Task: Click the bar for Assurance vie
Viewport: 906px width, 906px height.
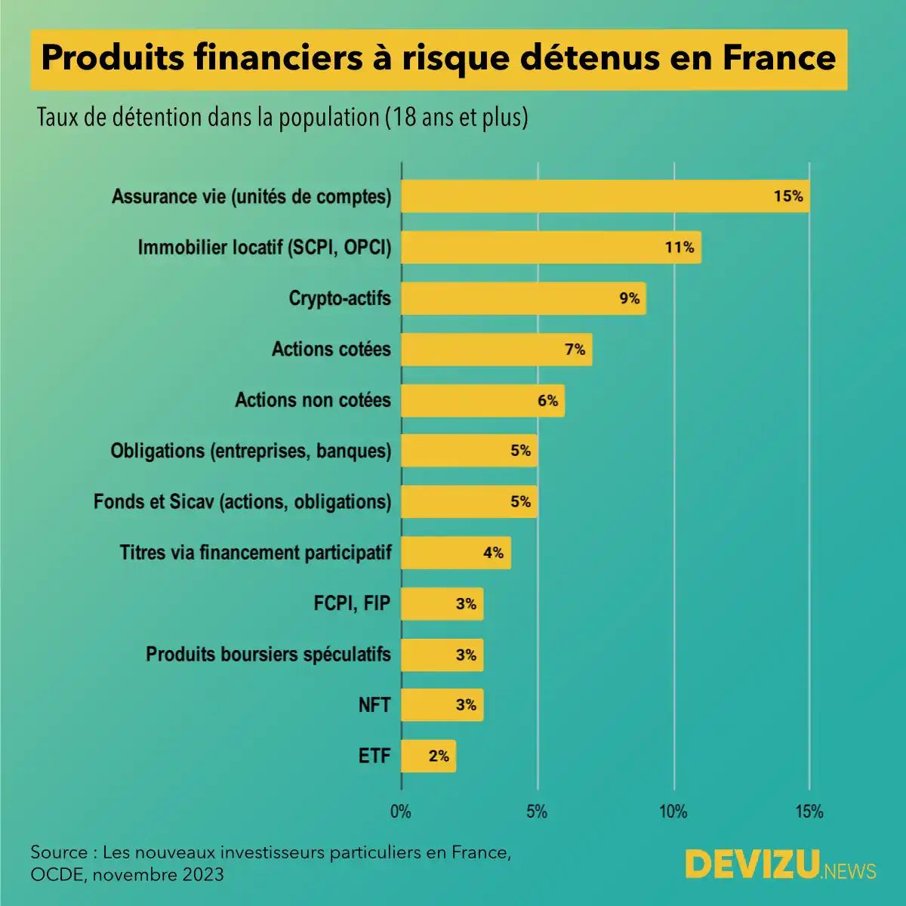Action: pyautogui.click(x=604, y=196)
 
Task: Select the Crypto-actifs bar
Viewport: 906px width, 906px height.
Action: pyautogui.click(x=522, y=298)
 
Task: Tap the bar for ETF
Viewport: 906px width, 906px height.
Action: pyautogui.click(x=427, y=756)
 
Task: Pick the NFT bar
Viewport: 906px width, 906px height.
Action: pyautogui.click(x=441, y=705)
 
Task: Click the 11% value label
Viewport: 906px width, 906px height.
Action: pyautogui.click(x=679, y=248)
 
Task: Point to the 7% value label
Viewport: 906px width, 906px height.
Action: pyautogui.click(x=575, y=350)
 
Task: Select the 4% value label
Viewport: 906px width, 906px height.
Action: pyautogui.click(x=494, y=553)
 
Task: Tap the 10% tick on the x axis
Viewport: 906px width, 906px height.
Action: pyautogui.click(x=673, y=812)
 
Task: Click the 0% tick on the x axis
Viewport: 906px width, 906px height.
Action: pyautogui.click(x=401, y=812)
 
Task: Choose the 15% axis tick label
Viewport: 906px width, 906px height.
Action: pyautogui.click(x=809, y=812)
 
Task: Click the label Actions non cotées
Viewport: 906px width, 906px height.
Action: pyautogui.click(x=313, y=400)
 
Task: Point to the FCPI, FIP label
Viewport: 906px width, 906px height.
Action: pyautogui.click(x=352, y=603)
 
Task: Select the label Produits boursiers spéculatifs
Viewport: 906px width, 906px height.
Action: pyautogui.click(x=268, y=655)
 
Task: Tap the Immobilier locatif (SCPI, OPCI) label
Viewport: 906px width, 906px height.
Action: pyautogui.click(x=264, y=248)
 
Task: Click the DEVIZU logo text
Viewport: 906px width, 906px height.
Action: pyautogui.click(x=753, y=864)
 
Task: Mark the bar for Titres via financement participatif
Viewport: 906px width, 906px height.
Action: pyautogui.click(x=455, y=553)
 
